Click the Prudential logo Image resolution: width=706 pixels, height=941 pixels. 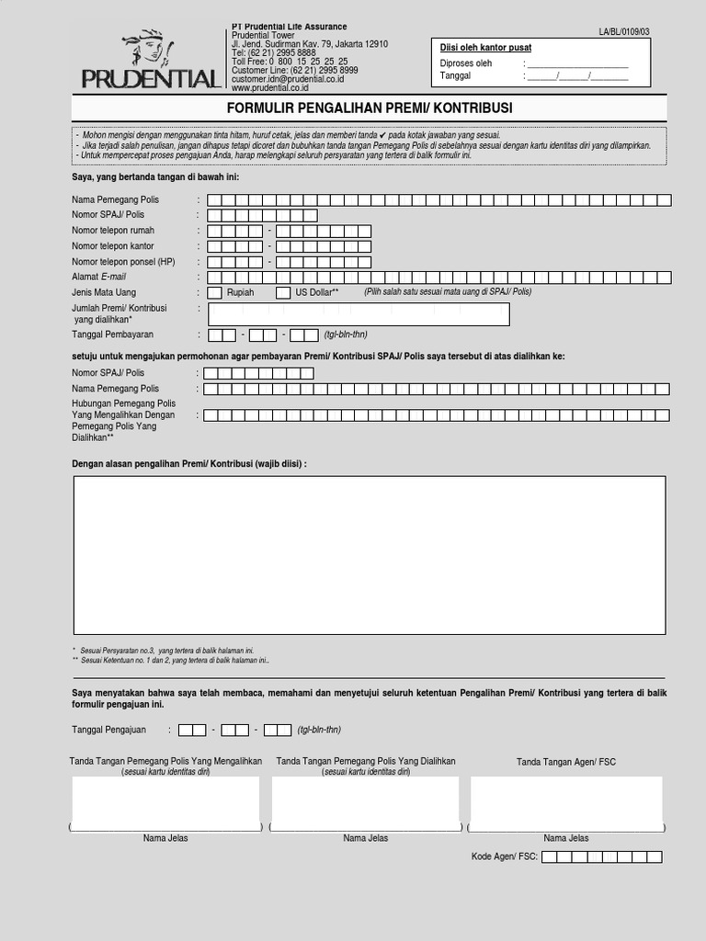click(150, 60)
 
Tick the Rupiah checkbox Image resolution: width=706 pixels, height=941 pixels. click(214, 292)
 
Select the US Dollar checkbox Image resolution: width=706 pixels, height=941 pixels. click(284, 292)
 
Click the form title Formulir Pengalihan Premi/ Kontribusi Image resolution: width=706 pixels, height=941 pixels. click(370, 108)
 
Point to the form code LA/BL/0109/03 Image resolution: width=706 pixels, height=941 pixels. click(623, 32)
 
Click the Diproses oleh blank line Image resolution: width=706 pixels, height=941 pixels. click(577, 64)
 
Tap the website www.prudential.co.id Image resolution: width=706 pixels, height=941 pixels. click(269, 88)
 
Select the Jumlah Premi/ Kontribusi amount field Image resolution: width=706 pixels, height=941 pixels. click(359, 314)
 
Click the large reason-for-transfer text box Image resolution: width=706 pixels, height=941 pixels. click(370, 555)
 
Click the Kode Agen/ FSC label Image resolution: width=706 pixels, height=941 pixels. click(504, 857)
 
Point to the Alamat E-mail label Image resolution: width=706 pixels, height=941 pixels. click(99, 277)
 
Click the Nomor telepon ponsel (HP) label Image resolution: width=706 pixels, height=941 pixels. click(123, 262)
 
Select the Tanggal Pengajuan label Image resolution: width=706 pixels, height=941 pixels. click(108, 730)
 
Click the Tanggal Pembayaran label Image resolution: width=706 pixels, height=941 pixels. click(112, 334)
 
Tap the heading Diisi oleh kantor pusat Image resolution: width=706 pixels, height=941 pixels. click(485, 48)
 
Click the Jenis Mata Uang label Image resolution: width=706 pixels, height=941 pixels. click(104, 292)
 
